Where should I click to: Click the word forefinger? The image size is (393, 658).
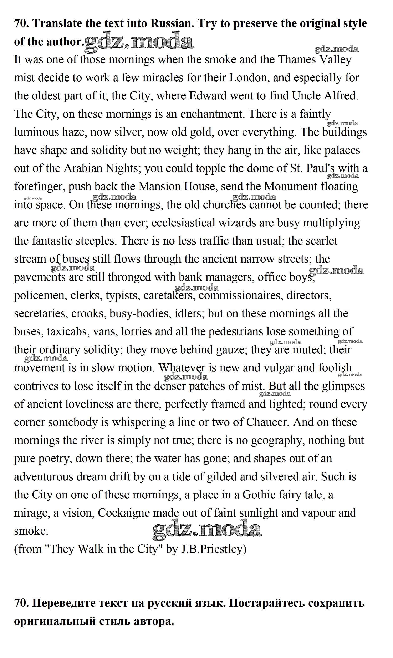coord(40,187)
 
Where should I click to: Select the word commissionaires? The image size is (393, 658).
coord(239,295)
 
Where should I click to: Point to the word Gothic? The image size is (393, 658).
coord(259,495)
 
